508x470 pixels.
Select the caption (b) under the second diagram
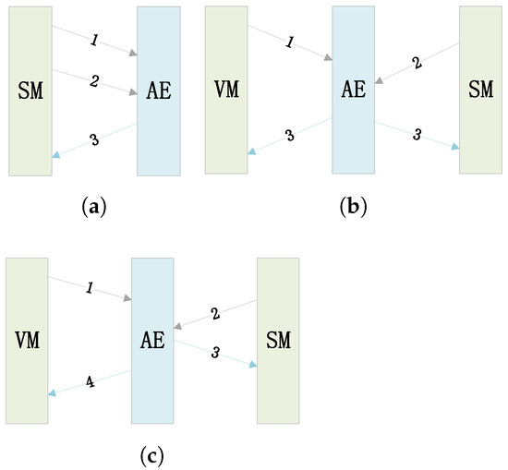pos(354,207)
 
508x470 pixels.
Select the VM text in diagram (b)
pos(225,89)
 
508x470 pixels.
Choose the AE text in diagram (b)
pos(353,89)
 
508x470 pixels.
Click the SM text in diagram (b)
pos(479,89)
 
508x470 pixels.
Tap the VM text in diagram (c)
pos(27,339)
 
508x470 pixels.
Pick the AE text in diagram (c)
pos(152,339)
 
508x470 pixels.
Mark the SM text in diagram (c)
pos(278,339)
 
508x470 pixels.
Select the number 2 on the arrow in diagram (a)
pos(93,81)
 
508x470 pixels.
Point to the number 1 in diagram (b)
pos(290,42)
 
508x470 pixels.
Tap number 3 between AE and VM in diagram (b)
pos(289,135)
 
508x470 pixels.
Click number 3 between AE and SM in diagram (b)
pos(417,135)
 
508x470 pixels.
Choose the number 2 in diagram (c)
pos(214,314)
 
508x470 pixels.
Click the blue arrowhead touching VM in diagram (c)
pos(53,392)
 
